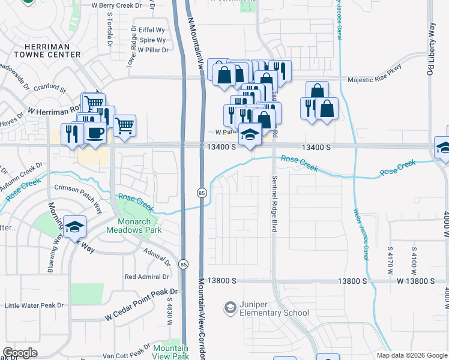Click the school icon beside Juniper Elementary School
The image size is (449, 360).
coord(230,308)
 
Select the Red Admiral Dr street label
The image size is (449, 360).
coord(146,277)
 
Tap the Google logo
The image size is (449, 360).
coord(21,353)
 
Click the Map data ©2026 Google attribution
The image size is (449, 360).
coord(411,355)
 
